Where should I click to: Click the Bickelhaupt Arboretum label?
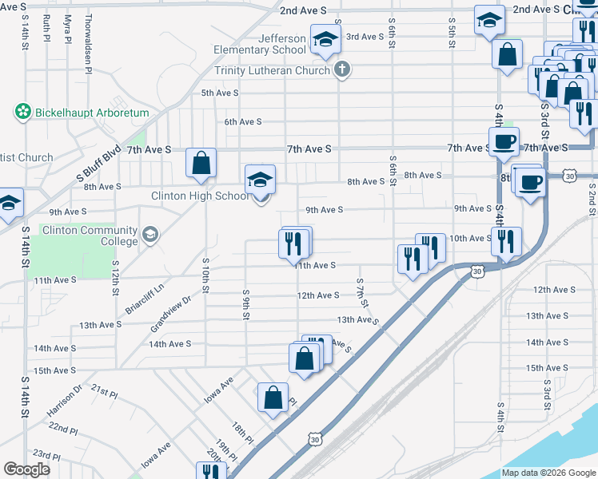[x=92, y=113]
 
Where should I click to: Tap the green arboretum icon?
[x=23, y=113]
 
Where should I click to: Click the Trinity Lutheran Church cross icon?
[x=341, y=69]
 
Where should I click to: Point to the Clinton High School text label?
[x=200, y=196]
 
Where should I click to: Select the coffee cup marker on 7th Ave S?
[x=503, y=142]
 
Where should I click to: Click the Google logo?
[x=26, y=469]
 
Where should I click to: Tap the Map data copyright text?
[x=548, y=473]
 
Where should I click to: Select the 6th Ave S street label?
[x=243, y=121]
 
